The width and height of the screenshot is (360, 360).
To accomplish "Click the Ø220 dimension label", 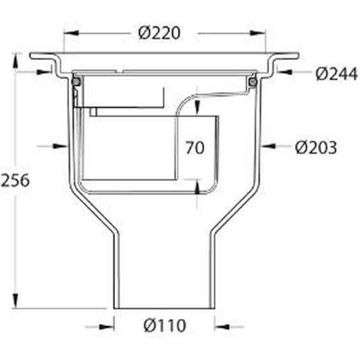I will pos(159,32).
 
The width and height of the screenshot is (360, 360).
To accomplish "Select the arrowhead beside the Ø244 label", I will pos(283,70).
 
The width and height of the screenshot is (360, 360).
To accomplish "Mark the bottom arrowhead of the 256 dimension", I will pos(15,303).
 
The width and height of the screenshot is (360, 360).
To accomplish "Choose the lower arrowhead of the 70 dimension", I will pos(197,186).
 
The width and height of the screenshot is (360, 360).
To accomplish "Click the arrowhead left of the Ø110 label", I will pos(109,326).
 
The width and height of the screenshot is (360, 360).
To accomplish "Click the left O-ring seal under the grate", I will pos(77,81).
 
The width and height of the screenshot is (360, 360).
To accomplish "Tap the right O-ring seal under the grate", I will pos(253,82).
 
